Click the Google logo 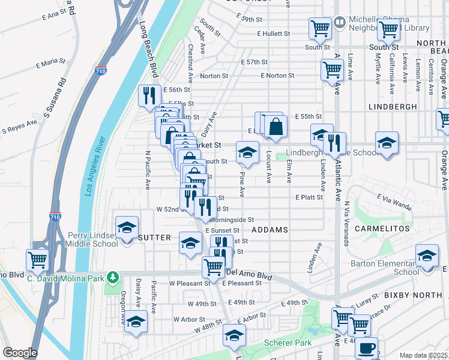point(20,353)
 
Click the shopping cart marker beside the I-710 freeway point(37,260)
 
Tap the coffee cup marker point(366,347)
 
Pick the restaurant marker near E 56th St point(149,95)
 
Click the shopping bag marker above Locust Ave point(276,127)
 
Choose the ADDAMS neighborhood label point(270,230)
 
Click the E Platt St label point(309,197)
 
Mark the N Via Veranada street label point(346,223)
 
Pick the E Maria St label point(50,61)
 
